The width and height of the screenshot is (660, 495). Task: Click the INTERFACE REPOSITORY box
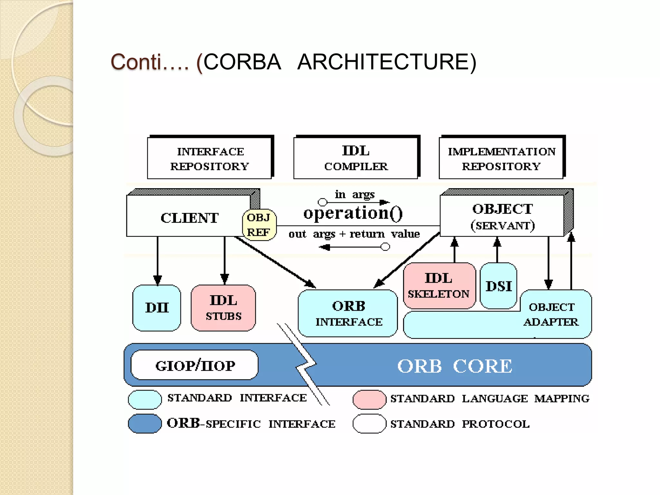click(x=209, y=159)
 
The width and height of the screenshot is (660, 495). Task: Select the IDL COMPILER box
click(x=356, y=159)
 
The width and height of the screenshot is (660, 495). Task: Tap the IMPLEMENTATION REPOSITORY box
click(x=501, y=159)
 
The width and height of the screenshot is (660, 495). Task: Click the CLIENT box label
click(x=189, y=218)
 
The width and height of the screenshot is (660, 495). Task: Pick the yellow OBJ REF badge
click(x=259, y=225)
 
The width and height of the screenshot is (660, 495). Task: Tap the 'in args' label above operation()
click(x=354, y=194)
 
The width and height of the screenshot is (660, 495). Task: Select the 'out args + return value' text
click(x=354, y=234)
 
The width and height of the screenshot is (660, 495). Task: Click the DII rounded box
click(x=157, y=308)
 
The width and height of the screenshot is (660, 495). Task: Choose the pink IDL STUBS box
click(x=223, y=308)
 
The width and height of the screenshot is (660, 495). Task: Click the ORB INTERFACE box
click(x=348, y=314)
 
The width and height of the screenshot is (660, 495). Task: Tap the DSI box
click(x=499, y=286)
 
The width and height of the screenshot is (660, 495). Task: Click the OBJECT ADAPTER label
click(x=551, y=315)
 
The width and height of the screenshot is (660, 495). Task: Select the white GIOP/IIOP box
click(x=195, y=365)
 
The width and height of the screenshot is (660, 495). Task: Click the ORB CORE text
click(x=454, y=366)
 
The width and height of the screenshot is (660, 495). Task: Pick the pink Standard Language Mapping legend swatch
click(x=369, y=399)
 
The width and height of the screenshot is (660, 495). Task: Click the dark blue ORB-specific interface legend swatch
click(x=145, y=423)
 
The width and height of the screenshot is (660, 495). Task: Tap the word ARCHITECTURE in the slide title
click(x=386, y=62)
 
